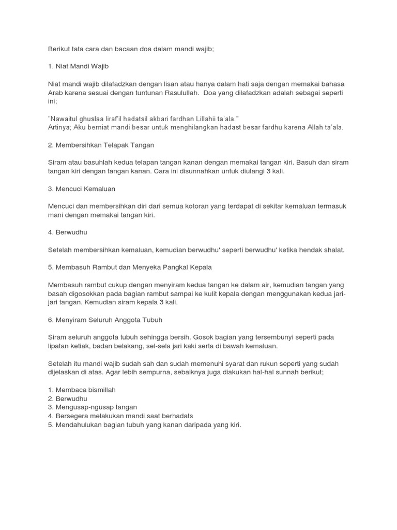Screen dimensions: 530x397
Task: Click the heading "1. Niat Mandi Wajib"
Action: pos(79,66)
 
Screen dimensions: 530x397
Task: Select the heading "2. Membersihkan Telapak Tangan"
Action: pos(101,145)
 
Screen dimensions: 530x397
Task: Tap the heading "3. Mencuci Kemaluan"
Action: pos(81,188)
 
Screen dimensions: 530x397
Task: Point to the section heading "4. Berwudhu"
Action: pos(68,232)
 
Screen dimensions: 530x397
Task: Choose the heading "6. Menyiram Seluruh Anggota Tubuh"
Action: pos(105,319)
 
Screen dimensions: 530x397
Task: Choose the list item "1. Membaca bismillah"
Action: pos(81,390)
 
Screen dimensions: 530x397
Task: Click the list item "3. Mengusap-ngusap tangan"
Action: pos(92,407)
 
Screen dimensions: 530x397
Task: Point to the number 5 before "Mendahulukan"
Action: pos(50,425)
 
